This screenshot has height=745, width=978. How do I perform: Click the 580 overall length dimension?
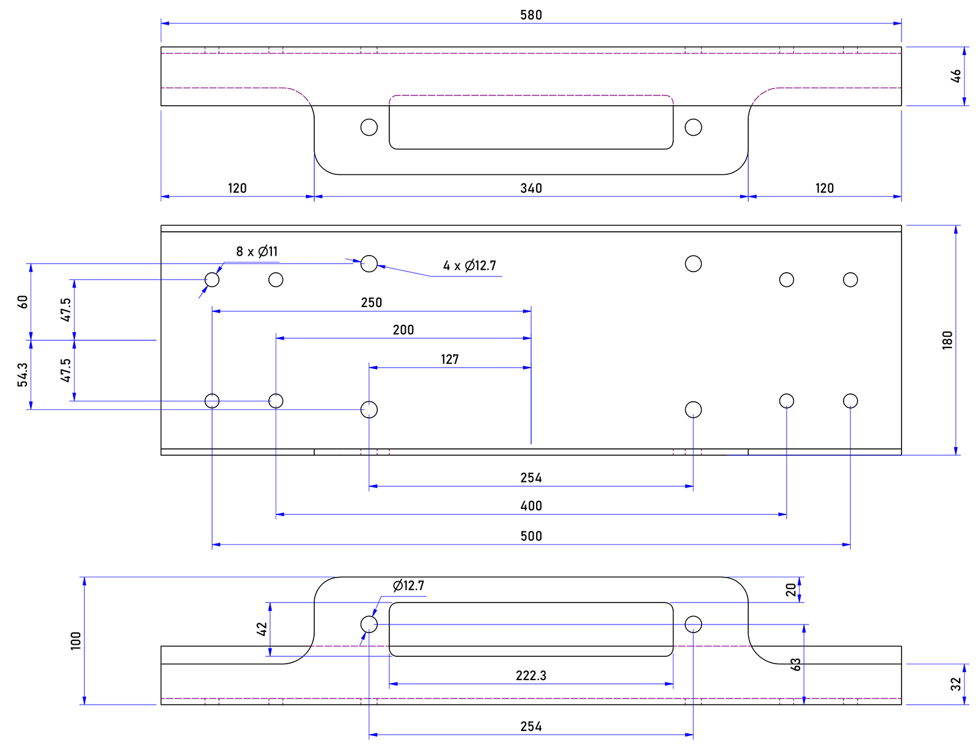click(x=531, y=15)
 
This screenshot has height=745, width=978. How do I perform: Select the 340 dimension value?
click(x=531, y=188)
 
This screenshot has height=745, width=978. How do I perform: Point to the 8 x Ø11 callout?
click(x=257, y=251)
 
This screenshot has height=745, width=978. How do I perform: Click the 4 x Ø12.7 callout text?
click(x=469, y=265)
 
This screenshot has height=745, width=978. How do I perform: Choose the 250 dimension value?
click(x=371, y=302)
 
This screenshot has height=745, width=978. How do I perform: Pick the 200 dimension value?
click(x=403, y=330)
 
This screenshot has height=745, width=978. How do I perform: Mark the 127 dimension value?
click(x=449, y=359)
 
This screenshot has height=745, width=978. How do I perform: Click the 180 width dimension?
click(x=947, y=339)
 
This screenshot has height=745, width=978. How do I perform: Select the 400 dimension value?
click(x=531, y=505)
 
